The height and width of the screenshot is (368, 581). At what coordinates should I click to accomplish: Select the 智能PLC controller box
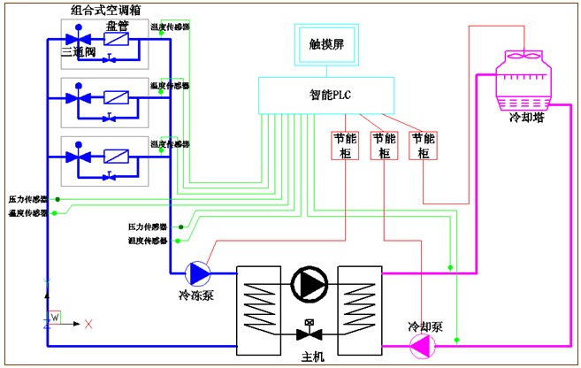click(329, 95)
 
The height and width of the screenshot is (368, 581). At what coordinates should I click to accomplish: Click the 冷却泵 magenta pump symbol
click(423, 346)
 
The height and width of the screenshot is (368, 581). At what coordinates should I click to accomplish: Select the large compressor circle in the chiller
click(309, 285)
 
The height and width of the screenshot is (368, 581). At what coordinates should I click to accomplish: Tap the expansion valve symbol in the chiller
click(309, 333)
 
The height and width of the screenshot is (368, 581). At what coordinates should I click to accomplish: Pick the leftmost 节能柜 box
click(345, 146)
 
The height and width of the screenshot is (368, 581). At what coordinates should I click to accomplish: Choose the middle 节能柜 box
click(385, 146)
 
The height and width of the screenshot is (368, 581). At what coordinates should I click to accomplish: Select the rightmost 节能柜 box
click(424, 146)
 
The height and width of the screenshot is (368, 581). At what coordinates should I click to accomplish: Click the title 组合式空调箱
click(107, 10)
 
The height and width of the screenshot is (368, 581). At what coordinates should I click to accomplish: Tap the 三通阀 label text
click(77, 53)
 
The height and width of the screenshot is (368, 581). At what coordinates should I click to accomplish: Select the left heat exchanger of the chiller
click(259, 305)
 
